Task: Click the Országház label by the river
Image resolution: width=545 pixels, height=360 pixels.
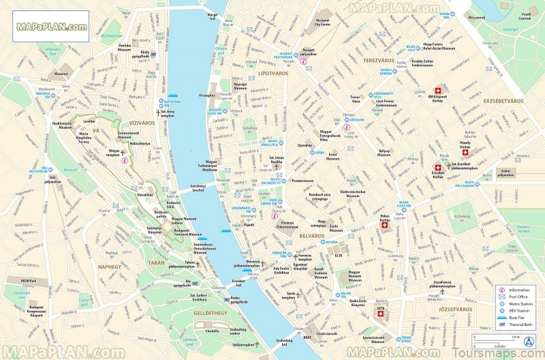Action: tap(207, 95)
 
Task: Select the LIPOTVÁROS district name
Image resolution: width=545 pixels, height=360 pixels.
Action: tap(273, 72)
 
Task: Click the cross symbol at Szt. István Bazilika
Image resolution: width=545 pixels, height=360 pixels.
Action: tap(276, 166)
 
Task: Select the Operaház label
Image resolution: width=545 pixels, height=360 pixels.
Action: tap(305, 145)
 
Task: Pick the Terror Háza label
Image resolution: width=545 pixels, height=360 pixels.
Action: tap(355, 100)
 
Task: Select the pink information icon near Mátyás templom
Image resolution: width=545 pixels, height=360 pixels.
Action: tap(125, 160)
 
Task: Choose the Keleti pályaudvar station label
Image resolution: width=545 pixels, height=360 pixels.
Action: tap(505, 173)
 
